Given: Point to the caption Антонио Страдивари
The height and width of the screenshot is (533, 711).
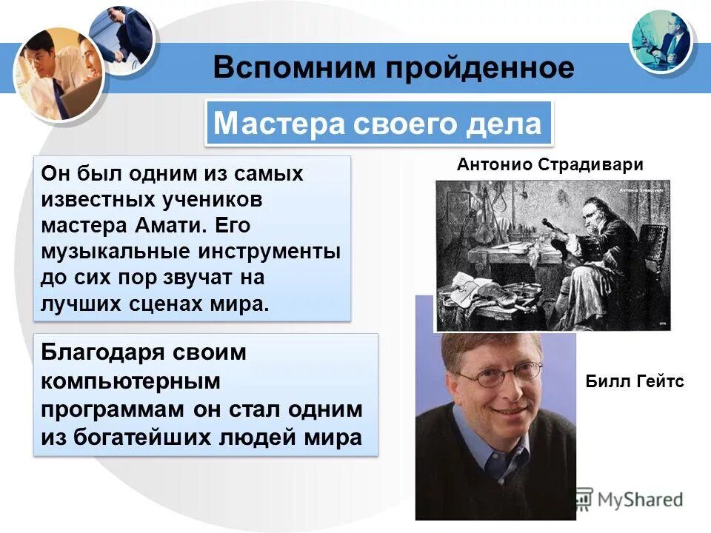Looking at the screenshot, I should click(x=550, y=165).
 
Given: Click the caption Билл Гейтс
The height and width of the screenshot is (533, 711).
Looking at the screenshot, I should click(x=635, y=382).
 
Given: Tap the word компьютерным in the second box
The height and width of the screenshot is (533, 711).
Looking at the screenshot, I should click(x=131, y=381).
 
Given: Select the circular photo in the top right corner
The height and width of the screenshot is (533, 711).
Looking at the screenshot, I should click(x=661, y=41).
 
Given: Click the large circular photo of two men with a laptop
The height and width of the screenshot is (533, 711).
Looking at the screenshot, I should click(x=57, y=74).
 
